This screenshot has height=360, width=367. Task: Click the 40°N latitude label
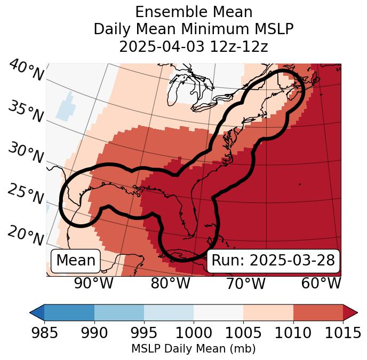[26, 71]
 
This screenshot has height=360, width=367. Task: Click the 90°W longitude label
[93, 284]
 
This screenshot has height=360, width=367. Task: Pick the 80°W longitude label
[170, 284]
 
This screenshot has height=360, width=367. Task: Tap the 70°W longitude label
[245, 284]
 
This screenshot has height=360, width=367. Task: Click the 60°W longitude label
[321, 284]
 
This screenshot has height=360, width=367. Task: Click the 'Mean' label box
[76, 261]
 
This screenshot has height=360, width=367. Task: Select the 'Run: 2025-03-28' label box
[273, 261]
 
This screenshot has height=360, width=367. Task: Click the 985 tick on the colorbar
[44, 333]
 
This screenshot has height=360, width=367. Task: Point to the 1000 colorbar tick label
[194, 333]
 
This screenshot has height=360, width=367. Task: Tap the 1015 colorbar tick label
[342, 333]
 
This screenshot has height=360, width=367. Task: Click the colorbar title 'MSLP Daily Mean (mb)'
[193, 349]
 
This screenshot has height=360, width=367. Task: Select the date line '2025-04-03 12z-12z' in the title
[193, 46]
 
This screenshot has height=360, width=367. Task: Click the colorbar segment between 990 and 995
[119, 312]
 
